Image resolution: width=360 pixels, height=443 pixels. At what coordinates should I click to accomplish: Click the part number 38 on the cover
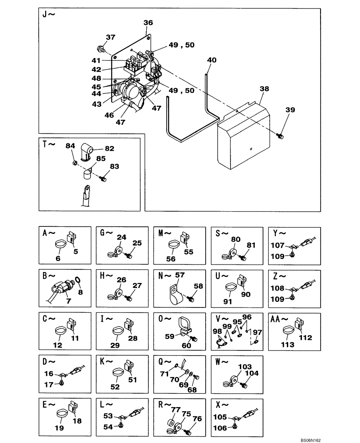click(x=264, y=89)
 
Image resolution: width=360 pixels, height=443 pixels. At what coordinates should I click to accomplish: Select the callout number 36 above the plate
click(x=148, y=23)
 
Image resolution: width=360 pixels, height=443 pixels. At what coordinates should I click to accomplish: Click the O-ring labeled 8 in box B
click(x=78, y=280)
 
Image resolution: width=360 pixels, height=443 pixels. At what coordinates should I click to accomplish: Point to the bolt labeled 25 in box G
click(x=129, y=256)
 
